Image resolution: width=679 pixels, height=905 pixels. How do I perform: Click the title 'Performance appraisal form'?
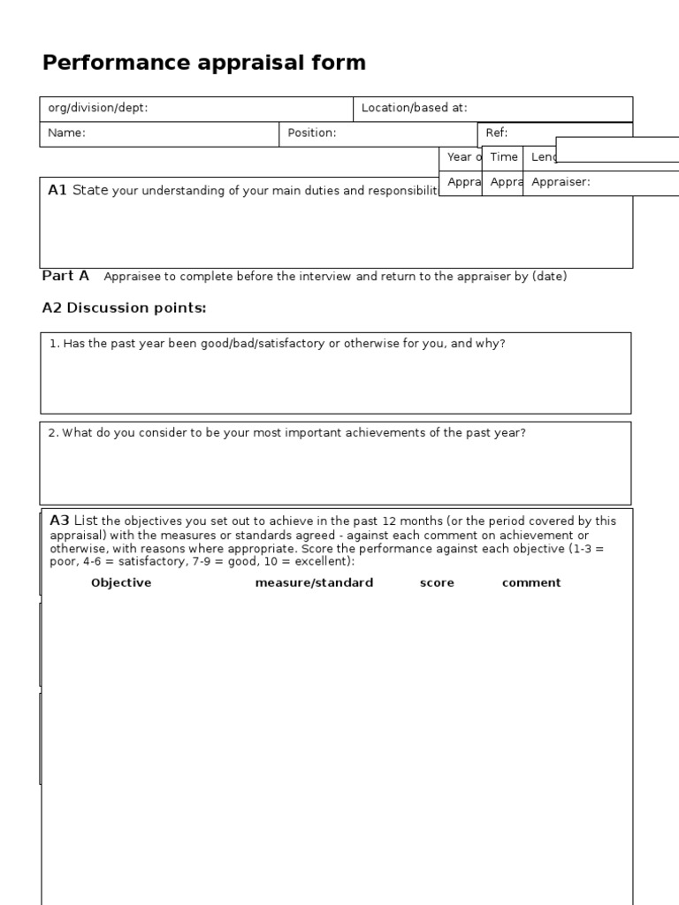[203, 63]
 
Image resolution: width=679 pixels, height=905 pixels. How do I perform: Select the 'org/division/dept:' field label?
[97, 108]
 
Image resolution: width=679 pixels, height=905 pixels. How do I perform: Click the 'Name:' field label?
[66, 133]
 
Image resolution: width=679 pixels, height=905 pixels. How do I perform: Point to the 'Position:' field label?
[311, 133]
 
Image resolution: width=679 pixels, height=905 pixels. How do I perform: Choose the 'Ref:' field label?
[496, 133]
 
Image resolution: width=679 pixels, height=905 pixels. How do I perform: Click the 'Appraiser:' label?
[560, 182]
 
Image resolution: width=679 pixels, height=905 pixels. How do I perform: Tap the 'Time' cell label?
[503, 156]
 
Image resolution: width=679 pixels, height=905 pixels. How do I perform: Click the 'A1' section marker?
[57, 190]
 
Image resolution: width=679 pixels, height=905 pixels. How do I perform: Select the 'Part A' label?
[65, 276]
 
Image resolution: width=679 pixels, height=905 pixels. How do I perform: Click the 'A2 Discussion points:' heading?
[124, 308]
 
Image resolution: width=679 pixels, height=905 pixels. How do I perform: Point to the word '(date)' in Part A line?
[549, 277]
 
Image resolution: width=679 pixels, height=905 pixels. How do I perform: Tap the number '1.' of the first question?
[55, 344]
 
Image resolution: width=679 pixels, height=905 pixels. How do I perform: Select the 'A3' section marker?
[59, 521]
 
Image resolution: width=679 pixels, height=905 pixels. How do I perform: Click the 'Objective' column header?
[121, 582]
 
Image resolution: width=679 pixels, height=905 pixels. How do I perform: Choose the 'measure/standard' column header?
[314, 582]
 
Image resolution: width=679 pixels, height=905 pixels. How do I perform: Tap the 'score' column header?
[437, 582]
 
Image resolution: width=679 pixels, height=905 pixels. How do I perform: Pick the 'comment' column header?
[531, 582]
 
